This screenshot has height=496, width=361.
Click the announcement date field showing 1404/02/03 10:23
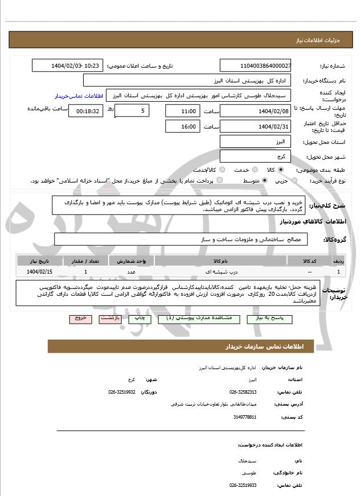tap(68, 66)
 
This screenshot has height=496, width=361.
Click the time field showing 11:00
tap(183, 111)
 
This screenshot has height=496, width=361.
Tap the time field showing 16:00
tap(183, 126)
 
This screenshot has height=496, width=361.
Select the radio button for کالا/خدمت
tap(222, 170)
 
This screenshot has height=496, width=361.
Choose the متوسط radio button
tap(265, 180)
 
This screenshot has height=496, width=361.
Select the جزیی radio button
tap(294, 180)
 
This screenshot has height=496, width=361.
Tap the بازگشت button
tap(111, 319)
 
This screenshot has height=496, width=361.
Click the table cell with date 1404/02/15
tap(39, 272)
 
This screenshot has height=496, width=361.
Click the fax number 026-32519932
tap(122, 391)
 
